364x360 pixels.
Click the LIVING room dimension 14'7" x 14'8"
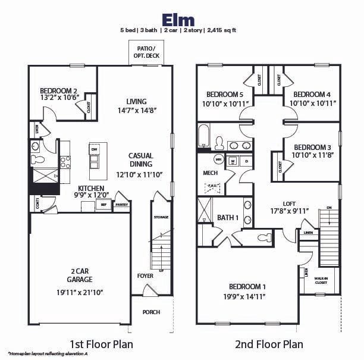coord(137,111)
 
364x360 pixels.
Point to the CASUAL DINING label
coord(140,159)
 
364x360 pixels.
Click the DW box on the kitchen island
coord(94,149)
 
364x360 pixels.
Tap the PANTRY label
coord(122,205)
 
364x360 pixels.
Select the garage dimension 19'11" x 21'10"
coord(79,292)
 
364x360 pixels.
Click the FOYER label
coord(145,276)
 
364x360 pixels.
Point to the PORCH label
coord(150,312)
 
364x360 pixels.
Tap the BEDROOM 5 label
coord(225,94)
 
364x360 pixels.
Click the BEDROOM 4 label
coord(312,94)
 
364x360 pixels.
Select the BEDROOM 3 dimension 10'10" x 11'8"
coord(312,156)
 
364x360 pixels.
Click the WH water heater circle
coord(218,159)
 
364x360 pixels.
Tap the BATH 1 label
coord(228,218)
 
